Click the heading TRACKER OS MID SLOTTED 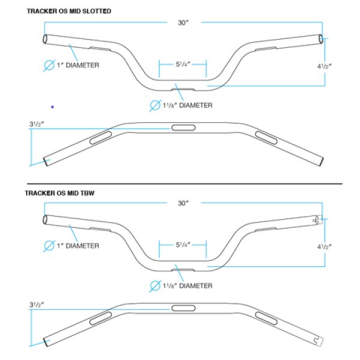(x=68, y=11)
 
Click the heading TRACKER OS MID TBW (x=61, y=193)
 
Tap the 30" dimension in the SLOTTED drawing (x=183, y=23)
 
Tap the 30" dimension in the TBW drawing (x=183, y=204)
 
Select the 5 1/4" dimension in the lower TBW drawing (x=183, y=245)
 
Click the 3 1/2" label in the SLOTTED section (x=37, y=124)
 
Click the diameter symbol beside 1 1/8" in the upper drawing (x=155, y=106)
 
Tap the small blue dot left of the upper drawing (x=53, y=107)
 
